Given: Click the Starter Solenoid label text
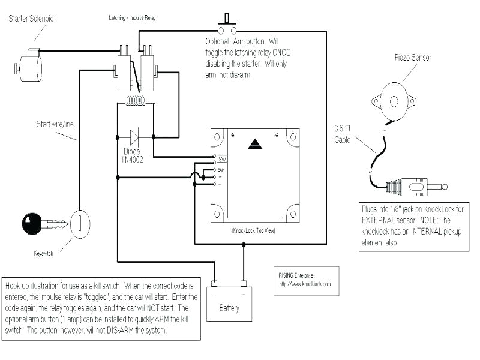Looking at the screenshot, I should (x=31, y=19).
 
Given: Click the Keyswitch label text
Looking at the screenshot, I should (x=43, y=253).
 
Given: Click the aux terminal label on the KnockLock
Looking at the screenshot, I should (x=221, y=170).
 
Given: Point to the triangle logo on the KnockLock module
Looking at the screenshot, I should (x=255, y=144).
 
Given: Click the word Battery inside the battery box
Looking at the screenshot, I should (x=229, y=308).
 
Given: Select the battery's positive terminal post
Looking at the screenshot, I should (x=243, y=283).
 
